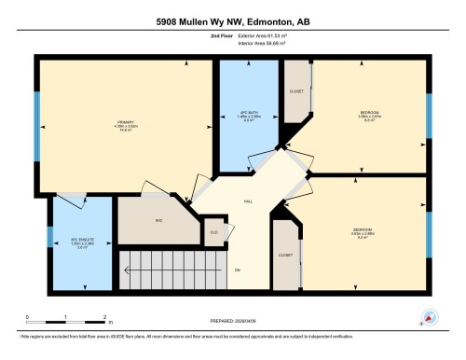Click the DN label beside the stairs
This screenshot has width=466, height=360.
(238, 270)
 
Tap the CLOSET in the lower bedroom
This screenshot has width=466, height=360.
(285, 253)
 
